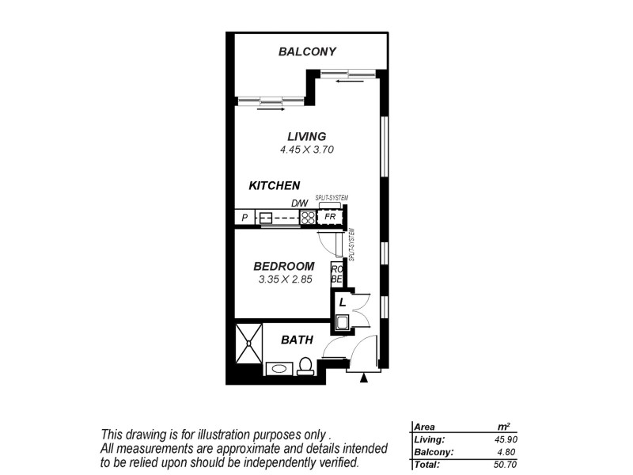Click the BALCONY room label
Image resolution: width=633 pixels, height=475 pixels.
tap(307, 52)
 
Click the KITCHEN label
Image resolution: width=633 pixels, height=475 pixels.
tap(275, 186)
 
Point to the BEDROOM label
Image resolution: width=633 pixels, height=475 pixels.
tap(284, 266)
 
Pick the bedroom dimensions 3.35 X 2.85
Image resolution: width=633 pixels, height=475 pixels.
tap(286, 279)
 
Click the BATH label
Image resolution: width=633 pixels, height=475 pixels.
tap(298, 340)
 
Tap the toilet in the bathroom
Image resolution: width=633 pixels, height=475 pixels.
tap(305, 366)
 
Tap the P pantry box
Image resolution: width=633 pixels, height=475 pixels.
tap(244, 217)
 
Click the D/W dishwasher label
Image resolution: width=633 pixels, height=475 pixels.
tap(299, 204)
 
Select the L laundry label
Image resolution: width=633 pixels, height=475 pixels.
tap(342, 302)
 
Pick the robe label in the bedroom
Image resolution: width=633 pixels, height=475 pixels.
tap(336, 274)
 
